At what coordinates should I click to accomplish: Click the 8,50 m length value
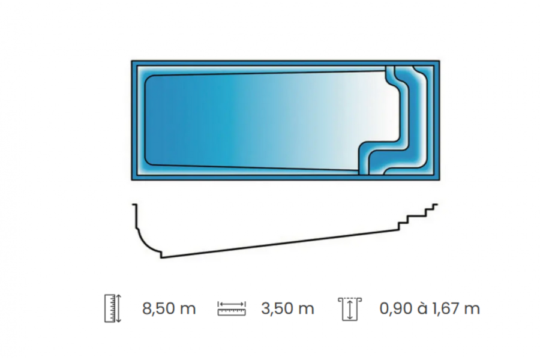click(x=169, y=308)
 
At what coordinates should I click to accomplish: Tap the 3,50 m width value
click(x=287, y=308)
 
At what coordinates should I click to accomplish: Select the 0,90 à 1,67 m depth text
click(x=430, y=308)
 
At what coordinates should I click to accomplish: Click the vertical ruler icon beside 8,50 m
click(x=113, y=308)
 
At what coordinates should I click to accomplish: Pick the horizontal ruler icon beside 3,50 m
click(x=232, y=308)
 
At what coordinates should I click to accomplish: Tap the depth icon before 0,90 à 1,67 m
click(x=350, y=309)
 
